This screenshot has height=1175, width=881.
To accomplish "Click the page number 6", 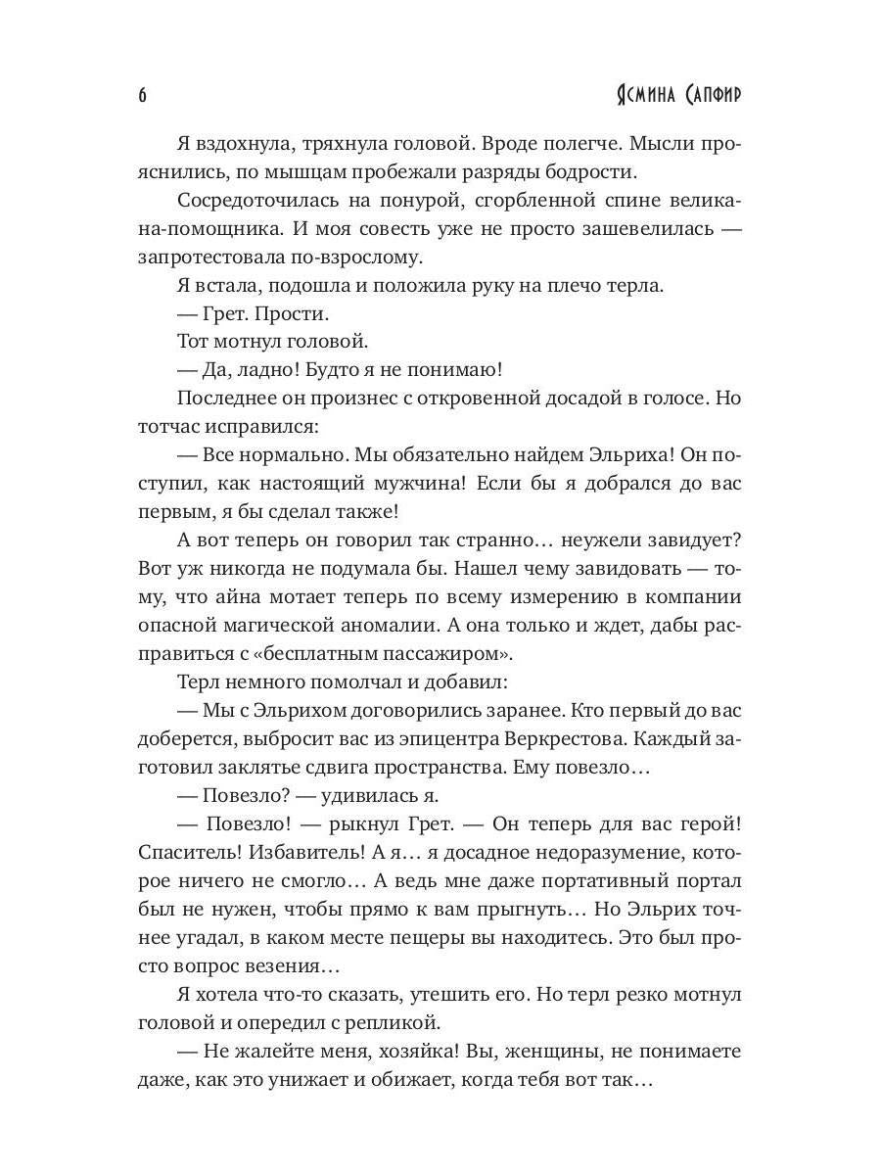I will (x=143, y=95).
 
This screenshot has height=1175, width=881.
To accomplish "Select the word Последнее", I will (x=221, y=399).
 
